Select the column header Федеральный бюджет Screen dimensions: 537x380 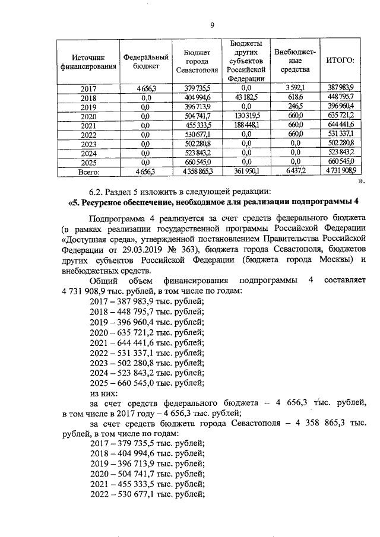click(145, 61)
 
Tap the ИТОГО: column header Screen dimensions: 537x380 click(341, 61)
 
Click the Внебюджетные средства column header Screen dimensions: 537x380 click(295, 61)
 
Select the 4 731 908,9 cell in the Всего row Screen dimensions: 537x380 click(341, 171)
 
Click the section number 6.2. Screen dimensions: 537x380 click(97, 191)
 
